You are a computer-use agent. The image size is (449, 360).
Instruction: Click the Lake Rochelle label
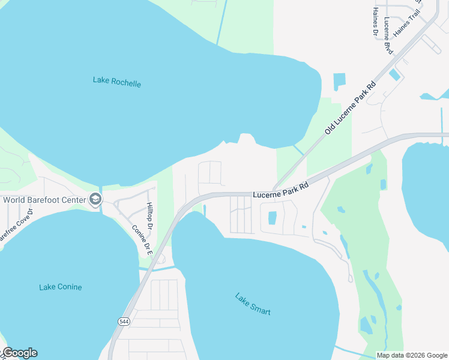[117, 82]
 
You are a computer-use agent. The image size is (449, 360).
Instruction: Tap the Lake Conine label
[61, 287]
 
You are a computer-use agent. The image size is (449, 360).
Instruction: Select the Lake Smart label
[253, 304]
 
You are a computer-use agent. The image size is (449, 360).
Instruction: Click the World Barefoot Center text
[44, 200]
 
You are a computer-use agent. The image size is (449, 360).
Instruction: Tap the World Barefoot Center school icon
[95, 199]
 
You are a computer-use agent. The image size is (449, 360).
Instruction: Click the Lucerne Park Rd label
[280, 190]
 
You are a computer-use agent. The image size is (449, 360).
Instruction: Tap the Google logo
[19, 353]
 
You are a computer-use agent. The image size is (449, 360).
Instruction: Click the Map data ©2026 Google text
[412, 355]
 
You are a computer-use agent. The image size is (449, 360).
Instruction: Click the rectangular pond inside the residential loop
[272, 218]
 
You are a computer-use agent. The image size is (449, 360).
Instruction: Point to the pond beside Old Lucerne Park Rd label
[339, 82]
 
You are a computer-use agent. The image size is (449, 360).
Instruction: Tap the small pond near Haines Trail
[395, 75]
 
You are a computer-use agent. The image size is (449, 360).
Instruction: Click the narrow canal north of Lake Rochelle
[221, 21]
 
